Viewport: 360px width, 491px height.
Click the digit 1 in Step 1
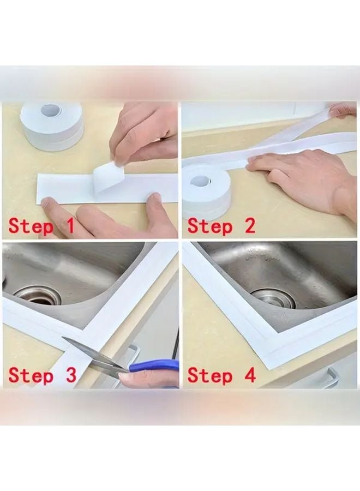pos(69,225)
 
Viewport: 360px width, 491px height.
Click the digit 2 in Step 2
pos(249,225)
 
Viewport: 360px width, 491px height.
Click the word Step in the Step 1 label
pos(31,227)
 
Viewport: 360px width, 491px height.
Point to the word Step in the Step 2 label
pos(210,227)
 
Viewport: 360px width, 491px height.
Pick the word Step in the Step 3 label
pos(31,375)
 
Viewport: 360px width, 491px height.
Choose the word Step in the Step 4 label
pos(210,375)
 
